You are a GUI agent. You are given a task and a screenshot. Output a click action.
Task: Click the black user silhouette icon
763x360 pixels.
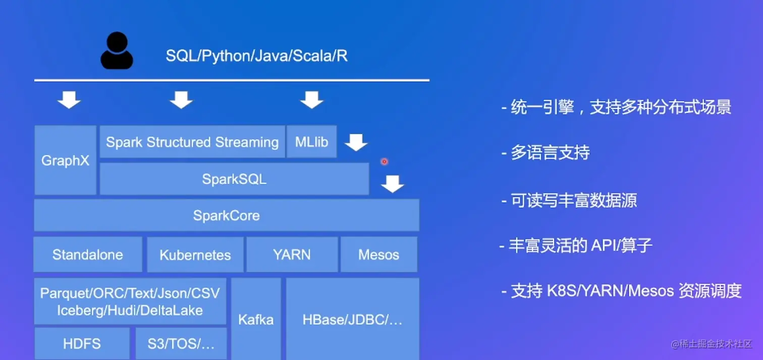point(117,50)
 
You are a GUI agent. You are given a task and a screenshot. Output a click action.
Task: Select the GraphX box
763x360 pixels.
point(66,160)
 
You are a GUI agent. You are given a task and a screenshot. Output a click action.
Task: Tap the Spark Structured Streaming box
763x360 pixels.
point(192,141)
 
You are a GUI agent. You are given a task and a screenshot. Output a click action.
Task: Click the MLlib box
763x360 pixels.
point(312,141)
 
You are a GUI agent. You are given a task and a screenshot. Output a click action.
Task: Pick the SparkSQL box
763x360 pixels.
point(234,179)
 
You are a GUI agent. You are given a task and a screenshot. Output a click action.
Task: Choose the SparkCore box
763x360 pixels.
point(227,215)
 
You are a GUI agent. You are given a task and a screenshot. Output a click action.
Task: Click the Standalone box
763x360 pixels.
point(88,254)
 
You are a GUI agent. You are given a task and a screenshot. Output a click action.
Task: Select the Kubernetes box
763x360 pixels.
point(195,254)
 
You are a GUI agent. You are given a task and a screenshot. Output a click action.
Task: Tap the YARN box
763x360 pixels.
point(292,254)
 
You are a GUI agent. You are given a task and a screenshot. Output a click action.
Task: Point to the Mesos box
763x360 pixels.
point(379,254)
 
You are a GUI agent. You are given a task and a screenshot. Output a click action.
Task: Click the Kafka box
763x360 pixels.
point(256,319)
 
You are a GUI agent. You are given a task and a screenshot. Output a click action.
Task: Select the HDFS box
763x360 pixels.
point(82,344)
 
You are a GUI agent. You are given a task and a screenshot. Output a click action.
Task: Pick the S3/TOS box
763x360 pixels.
point(181,344)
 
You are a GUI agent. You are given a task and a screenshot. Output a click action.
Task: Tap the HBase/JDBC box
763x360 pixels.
point(353,319)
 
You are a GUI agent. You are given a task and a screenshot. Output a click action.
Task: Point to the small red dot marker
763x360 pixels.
point(384,162)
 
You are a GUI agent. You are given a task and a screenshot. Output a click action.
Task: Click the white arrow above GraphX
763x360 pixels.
point(69,100)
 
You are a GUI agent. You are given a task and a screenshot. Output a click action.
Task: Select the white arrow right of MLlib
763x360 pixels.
point(356,142)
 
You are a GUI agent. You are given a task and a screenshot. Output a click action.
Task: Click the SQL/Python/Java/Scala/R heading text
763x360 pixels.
point(256,56)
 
